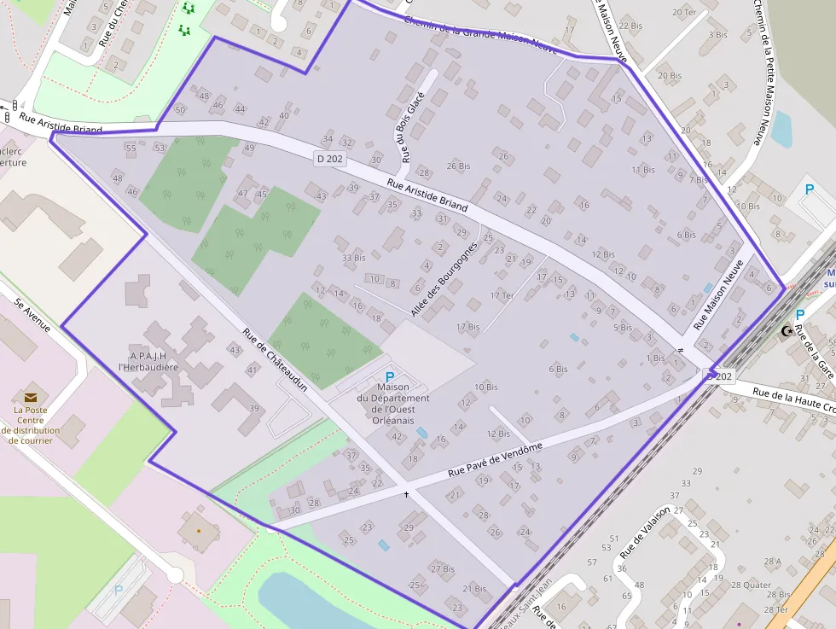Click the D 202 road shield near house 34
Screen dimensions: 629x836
329,158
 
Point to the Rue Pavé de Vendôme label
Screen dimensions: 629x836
495,461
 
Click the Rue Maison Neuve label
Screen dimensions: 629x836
718,294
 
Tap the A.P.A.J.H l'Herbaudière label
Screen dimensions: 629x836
148,361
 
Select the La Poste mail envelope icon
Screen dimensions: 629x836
31,397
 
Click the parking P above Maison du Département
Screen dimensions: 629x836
391,376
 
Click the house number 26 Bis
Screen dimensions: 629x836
458,166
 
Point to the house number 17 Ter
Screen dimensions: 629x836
502,295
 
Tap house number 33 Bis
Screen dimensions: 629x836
353,257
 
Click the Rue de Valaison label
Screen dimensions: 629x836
647,533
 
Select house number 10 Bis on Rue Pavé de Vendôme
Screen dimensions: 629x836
485,387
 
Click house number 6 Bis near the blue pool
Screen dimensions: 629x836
558,369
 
